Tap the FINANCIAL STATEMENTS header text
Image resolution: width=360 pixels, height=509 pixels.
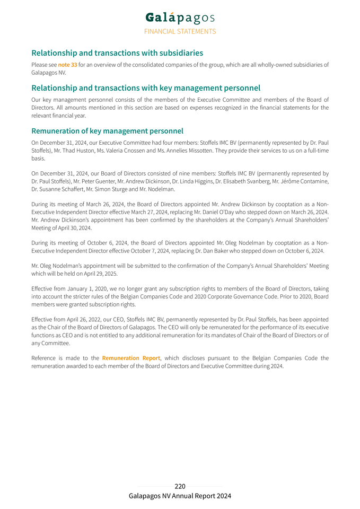tap(180, 31)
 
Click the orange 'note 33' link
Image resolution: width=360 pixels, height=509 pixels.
tap(67, 65)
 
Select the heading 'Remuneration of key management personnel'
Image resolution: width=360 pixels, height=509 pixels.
tap(107, 131)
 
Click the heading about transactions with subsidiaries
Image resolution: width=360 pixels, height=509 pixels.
tap(117, 53)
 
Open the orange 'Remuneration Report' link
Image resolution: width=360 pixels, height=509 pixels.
tap(131, 358)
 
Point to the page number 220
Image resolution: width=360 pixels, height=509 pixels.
tap(180, 486)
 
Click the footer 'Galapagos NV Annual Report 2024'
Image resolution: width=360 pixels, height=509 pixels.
tap(180, 496)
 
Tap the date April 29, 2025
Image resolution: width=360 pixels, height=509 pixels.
tap(97, 274)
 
